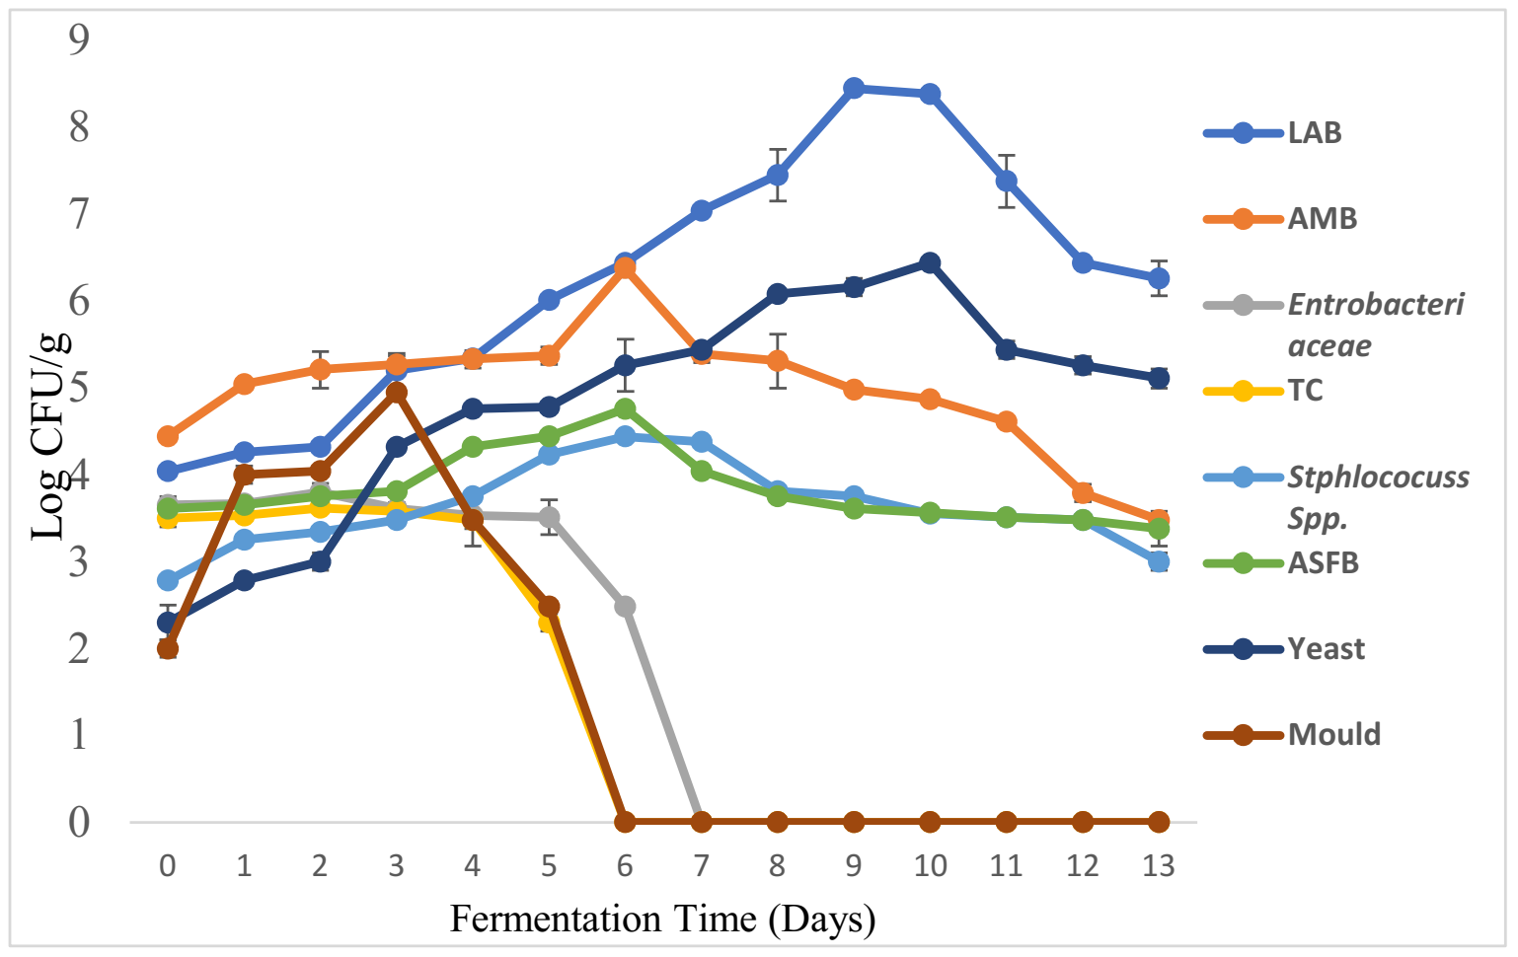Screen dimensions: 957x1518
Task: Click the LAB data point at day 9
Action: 854,89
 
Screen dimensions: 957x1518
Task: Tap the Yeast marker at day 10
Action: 930,263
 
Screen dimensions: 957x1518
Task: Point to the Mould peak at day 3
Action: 397,393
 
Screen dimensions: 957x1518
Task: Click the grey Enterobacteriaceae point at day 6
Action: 625,607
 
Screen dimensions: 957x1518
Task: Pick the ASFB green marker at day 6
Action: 625,408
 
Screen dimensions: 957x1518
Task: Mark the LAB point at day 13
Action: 1159,278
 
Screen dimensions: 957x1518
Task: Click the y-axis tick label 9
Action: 79,39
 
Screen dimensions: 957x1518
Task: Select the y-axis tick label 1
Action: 79,735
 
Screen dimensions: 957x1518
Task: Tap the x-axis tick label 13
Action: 1158,866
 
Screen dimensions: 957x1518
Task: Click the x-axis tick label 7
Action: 701,866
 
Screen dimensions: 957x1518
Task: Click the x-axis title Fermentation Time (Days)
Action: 662,920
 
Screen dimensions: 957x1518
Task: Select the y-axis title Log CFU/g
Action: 49,435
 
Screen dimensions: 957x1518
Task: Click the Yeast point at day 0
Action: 168,624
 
